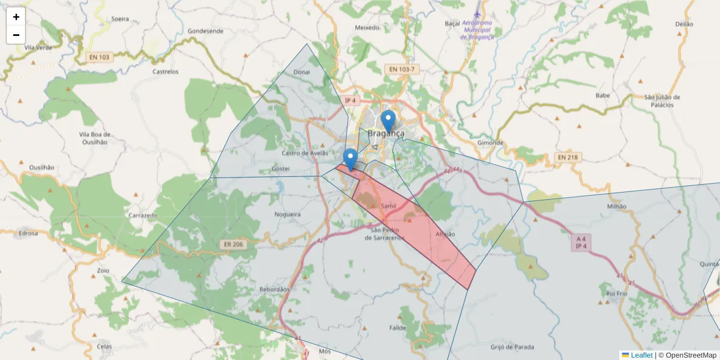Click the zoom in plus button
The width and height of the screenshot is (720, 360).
tap(16, 17)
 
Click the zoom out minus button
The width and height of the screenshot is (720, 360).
tap(16, 35)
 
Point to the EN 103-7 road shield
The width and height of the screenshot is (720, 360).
tap(401, 70)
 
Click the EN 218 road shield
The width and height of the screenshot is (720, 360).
tap(567, 157)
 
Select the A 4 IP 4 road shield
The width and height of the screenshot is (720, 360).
tap(580, 242)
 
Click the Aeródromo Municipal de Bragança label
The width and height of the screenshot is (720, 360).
tap(477, 29)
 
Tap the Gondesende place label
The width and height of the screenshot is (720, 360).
tap(205, 31)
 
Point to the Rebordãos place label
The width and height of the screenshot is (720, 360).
tap(274, 289)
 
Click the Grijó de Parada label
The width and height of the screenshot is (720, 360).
tap(512, 347)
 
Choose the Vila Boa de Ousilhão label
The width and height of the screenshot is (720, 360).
tap(93, 138)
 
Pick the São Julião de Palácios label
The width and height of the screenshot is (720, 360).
tap(662, 101)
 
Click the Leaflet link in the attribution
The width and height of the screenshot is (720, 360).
tap(641, 355)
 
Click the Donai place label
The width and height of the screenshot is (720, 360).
tap(301, 72)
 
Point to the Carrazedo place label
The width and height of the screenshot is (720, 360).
tap(143, 214)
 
